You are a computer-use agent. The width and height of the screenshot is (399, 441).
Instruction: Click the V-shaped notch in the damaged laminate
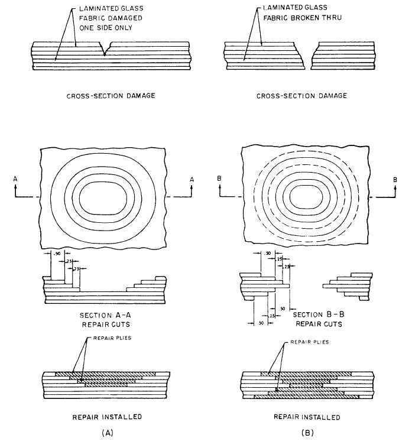[x=105, y=48]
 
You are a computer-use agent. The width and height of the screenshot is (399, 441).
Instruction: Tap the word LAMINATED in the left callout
[x=95, y=8]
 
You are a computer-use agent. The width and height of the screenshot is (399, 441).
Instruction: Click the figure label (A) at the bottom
[x=108, y=433]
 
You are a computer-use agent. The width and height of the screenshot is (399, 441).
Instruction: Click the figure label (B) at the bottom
[x=307, y=433]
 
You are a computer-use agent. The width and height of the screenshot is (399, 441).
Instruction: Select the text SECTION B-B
[x=319, y=314]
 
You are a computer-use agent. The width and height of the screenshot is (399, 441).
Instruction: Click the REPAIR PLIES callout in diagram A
[x=112, y=338]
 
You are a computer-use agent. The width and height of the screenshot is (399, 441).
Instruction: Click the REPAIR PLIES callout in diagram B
[x=309, y=342]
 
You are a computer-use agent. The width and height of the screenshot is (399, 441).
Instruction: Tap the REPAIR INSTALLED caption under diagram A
[x=107, y=417]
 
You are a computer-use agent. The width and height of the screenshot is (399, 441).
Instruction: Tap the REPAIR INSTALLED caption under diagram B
[x=307, y=417]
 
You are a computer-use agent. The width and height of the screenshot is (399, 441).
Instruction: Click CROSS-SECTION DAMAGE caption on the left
[x=111, y=96]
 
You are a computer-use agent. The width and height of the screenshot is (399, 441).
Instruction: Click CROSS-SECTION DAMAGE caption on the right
[x=301, y=96]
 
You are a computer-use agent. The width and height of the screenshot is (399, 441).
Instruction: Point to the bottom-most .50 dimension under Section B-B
[x=261, y=323]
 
